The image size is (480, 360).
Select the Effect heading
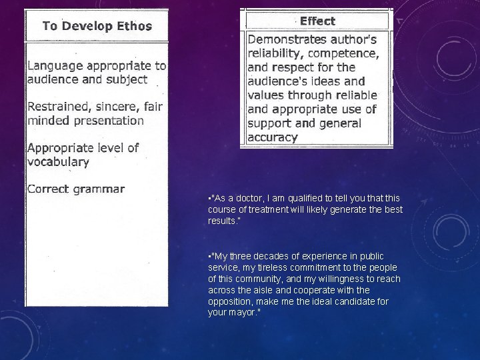pos(317,21)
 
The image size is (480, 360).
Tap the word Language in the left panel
pos(55,66)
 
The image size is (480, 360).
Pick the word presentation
pos(109,121)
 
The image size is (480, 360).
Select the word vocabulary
pos(58,162)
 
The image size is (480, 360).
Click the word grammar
pos(99,189)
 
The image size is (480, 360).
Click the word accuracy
pos(272,137)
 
